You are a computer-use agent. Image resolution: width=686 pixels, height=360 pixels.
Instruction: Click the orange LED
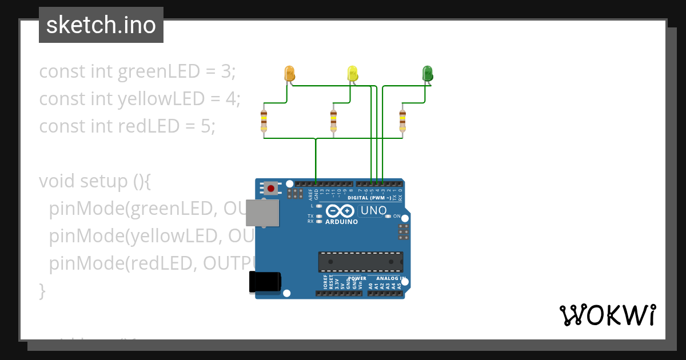point(289,73)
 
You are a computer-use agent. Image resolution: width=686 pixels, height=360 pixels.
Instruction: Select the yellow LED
point(353,73)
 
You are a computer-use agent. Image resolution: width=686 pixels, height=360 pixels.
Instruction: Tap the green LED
point(427,73)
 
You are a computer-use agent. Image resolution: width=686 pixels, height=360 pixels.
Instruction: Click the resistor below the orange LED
point(264,120)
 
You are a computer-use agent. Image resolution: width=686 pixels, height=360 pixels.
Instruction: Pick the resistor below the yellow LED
point(333,120)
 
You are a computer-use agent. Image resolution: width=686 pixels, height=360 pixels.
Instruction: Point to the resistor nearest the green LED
point(402,120)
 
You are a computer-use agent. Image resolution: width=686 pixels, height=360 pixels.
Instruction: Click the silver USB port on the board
point(264,213)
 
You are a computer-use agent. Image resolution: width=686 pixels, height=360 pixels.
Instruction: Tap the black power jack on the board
point(265,283)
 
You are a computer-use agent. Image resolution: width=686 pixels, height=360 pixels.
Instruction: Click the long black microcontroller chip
point(360,262)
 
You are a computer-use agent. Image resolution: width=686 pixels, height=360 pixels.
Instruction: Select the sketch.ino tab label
point(101,25)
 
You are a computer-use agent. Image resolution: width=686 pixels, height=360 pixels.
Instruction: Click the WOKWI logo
point(607,315)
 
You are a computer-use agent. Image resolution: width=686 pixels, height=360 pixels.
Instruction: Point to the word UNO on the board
point(374,210)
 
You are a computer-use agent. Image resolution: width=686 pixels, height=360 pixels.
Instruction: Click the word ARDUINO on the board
point(341,222)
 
